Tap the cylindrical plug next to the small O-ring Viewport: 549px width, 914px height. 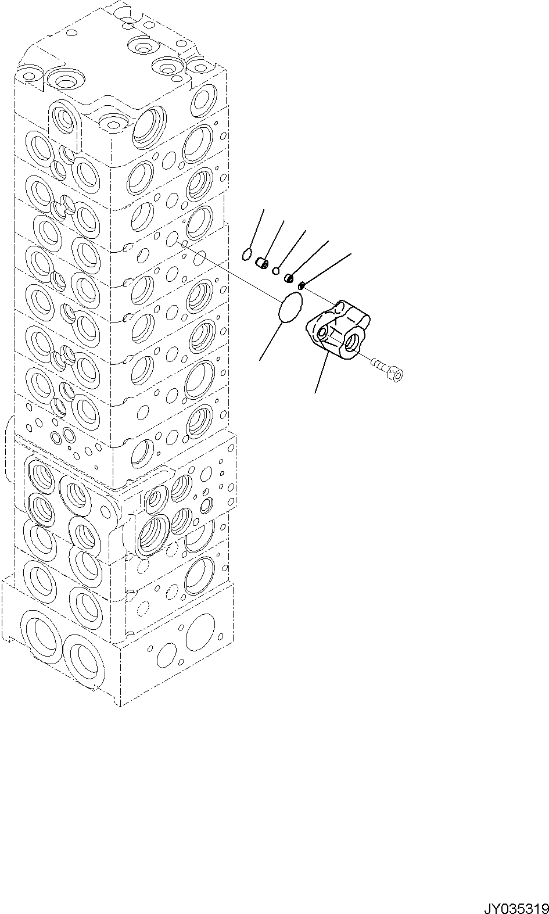(x=262, y=264)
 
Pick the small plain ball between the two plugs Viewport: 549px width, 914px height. (x=276, y=271)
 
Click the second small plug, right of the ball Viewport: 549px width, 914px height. (x=288, y=278)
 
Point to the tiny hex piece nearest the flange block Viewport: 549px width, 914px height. (x=302, y=285)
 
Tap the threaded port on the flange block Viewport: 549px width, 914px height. (x=353, y=340)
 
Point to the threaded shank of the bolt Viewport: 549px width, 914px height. (x=379, y=366)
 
